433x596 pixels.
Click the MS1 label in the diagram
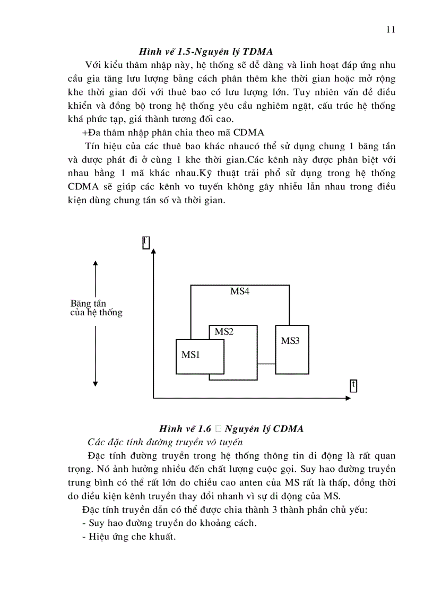(x=190, y=355)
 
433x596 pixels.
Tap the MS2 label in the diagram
(x=224, y=332)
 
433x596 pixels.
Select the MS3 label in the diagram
(x=290, y=341)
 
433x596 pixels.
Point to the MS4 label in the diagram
(x=240, y=291)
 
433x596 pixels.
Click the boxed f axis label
(x=146, y=242)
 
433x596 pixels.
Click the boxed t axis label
(x=353, y=385)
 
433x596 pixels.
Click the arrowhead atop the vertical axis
(x=153, y=250)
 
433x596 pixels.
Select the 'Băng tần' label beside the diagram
(x=88, y=304)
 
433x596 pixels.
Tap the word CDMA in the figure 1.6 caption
(x=287, y=429)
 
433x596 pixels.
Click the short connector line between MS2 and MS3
(x=266, y=364)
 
